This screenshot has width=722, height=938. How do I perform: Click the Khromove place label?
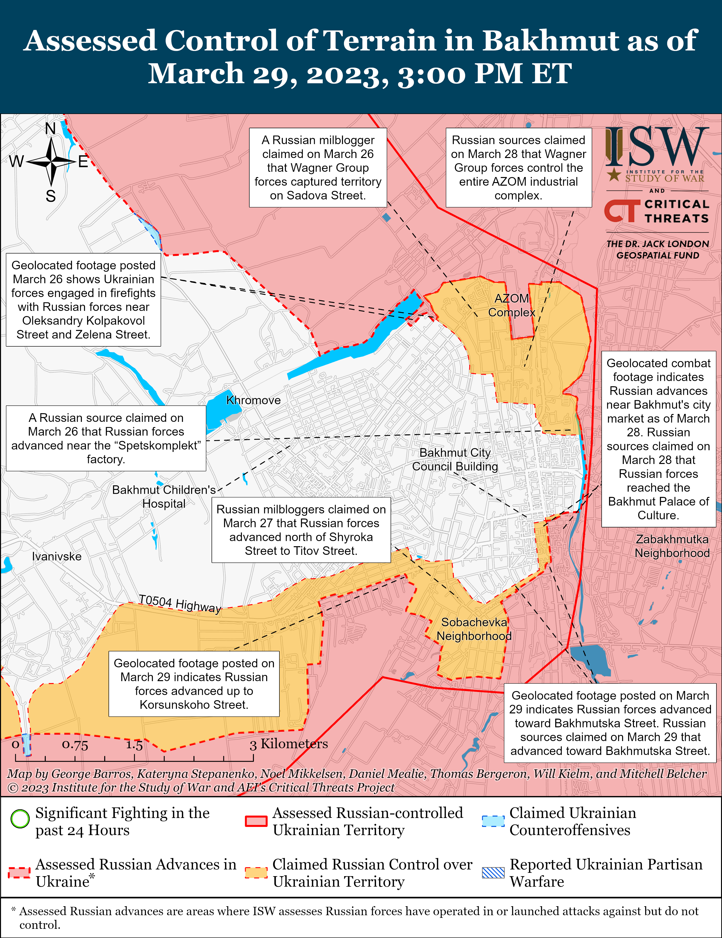click(253, 400)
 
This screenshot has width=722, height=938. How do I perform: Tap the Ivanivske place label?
click(57, 557)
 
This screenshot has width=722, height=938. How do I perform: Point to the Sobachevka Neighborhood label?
click(474, 629)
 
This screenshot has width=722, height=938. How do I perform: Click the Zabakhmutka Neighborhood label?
click(672, 546)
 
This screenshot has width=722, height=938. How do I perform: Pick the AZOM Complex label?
click(511, 305)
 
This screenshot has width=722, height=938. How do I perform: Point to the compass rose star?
click(51, 162)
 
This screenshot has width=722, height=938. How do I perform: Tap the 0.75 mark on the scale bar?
click(75, 744)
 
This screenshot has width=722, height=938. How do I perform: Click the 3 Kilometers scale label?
click(289, 744)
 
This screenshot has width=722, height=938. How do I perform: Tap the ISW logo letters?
click(657, 147)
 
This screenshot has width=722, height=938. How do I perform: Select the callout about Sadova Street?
click(318, 167)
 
